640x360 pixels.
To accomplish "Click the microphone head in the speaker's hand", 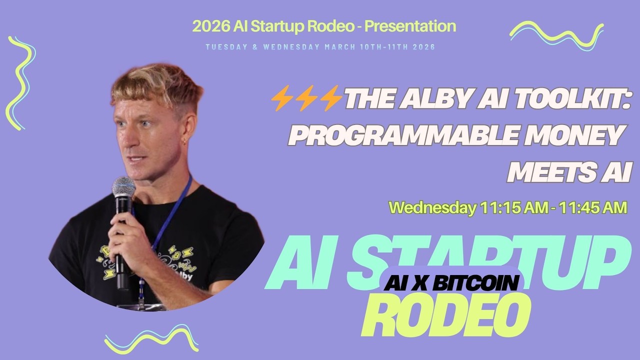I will pyautogui.click(x=123, y=187).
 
